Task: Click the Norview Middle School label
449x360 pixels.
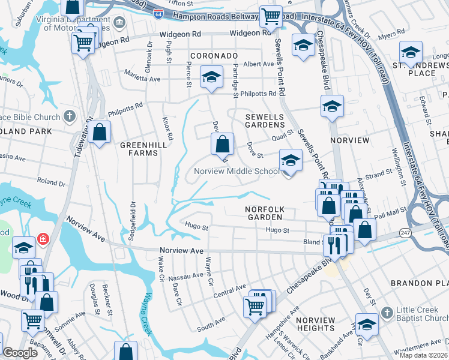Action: coord(236,172)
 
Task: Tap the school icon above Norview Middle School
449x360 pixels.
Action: coord(290,160)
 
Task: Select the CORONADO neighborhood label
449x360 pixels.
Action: coord(214,56)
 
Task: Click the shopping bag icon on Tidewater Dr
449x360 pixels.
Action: coord(100,131)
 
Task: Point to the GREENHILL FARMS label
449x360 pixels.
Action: coord(139,149)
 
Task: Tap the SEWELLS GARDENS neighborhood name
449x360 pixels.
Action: coord(264,120)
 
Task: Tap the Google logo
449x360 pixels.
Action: coord(20,353)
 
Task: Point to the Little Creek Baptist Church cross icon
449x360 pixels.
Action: coord(387,311)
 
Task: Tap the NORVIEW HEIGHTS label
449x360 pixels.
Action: coord(315,324)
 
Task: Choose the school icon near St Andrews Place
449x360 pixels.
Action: coord(411,52)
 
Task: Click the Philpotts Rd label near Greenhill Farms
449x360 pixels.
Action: coord(125,110)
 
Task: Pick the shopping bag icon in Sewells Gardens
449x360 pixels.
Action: coord(222,143)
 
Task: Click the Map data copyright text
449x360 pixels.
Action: coord(424,355)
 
